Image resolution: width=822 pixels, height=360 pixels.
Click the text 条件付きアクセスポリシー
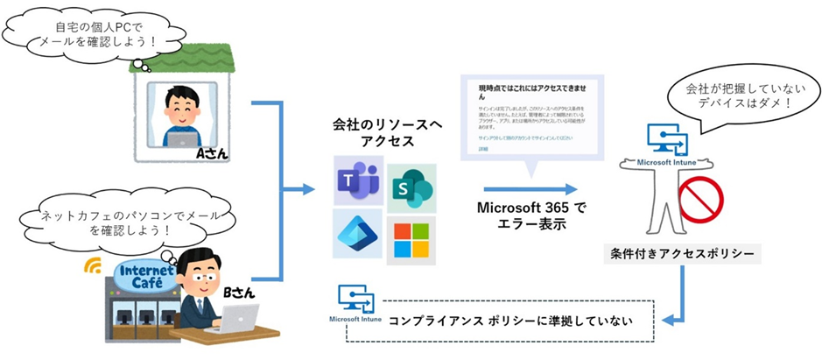682,255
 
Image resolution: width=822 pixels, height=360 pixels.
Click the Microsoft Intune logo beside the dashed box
354,303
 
